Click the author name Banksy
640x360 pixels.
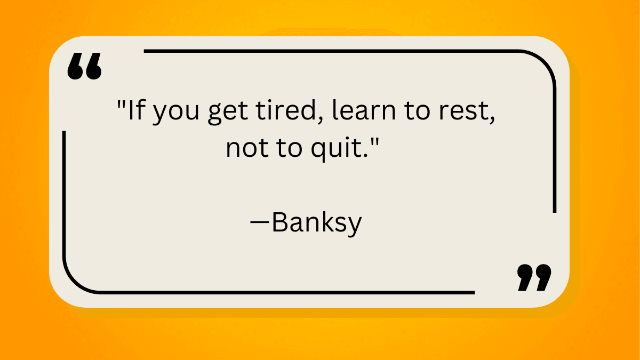pyautogui.click(x=317, y=223)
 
